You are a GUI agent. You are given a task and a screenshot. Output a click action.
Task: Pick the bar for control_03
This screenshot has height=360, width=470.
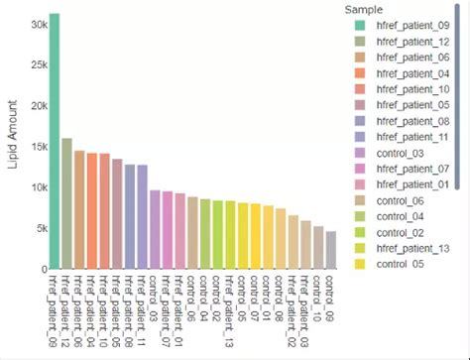click(155, 229)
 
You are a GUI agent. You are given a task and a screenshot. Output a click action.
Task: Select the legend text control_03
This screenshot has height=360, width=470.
click(403, 153)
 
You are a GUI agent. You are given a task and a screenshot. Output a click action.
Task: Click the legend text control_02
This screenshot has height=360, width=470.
click(403, 232)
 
